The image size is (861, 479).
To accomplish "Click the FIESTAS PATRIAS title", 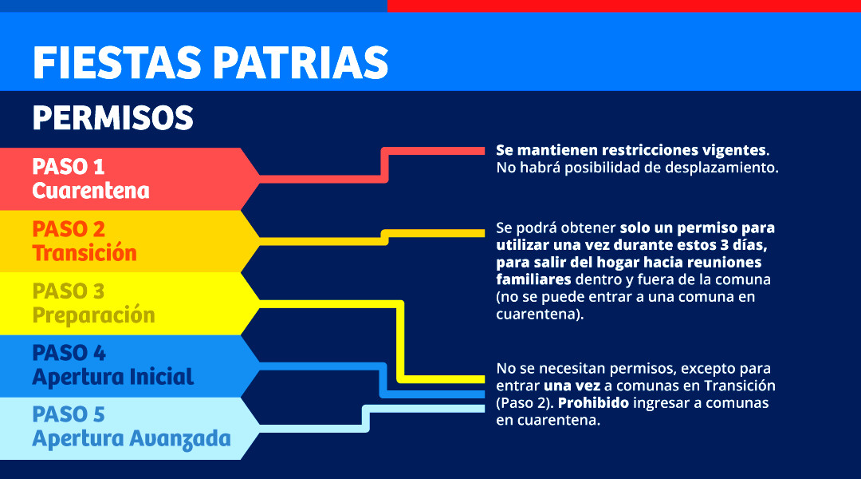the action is point(210,63).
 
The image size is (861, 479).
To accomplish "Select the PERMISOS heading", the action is point(113,117).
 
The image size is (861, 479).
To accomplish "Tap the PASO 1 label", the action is point(68,167).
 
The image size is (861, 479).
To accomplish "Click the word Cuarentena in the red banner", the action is point(91,191).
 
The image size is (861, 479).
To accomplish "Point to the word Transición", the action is point(85,253).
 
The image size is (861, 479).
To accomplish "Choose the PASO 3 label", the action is point(68,291).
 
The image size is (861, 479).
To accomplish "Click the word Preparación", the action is point(93,315).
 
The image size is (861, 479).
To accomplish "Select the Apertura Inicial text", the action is point(112,377).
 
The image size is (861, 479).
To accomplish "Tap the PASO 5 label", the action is point(68,414).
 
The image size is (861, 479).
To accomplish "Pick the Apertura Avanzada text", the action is point(132,439).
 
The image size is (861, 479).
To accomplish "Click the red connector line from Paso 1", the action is point(384,165).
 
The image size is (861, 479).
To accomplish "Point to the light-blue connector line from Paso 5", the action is point(366,418).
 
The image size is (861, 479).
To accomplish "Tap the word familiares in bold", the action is point(533,279).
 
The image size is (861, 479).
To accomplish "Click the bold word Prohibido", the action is point(593,403).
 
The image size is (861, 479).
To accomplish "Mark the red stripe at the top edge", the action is point(623,6).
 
